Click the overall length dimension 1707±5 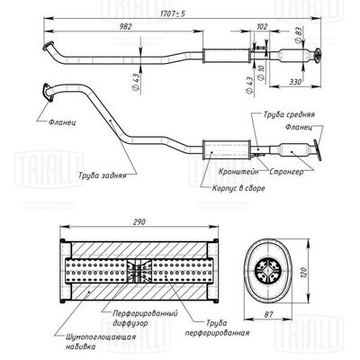pos(174,14)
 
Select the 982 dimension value pos(125,26)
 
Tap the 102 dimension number pos(262,27)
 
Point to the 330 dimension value pos(295,82)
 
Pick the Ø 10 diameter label pos(261,72)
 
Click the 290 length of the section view pos(139,222)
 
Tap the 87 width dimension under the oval pos(268,315)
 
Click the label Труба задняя pos(103,175)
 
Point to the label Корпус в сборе pos(238,188)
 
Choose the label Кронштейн pos(238,172)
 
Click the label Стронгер pos(286,172)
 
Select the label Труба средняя pos(289,114)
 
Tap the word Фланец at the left pos(62,122)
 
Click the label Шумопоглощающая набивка pos(100,342)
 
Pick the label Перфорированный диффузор pos(145,318)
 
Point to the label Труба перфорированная pos(217,328)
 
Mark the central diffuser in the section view pos(139,272)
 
